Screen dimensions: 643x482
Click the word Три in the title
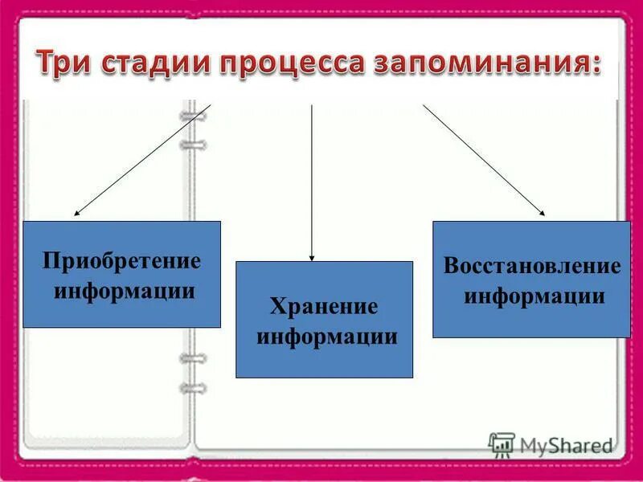(67, 63)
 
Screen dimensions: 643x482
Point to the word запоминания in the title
(479, 63)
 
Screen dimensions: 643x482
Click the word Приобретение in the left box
(121, 262)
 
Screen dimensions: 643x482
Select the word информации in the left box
(124, 289)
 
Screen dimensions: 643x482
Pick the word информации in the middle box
(326, 336)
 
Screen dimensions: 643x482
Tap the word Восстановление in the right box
(532, 267)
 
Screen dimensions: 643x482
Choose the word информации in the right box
(534, 296)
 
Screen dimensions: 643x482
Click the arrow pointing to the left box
(143, 160)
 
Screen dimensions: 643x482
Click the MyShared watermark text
(566, 444)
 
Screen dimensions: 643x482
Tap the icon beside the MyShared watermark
(502, 444)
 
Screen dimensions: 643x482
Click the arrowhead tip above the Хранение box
(312, 259)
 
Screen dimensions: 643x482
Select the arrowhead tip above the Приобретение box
(76, 214)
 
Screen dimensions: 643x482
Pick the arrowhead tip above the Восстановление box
(543, 214)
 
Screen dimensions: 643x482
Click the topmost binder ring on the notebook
(193, 117)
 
